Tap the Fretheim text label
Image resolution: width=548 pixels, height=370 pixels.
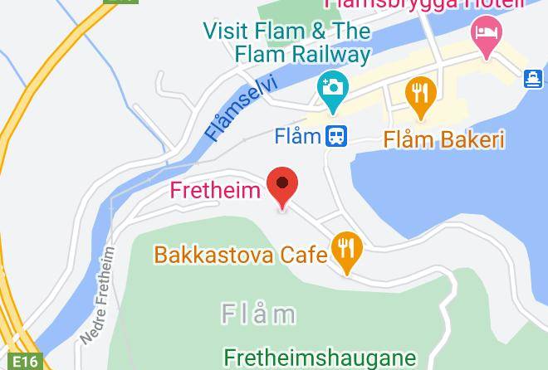[215, 190]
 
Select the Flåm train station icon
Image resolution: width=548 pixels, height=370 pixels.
[336, 134]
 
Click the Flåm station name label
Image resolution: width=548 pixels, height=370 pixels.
[298, 134]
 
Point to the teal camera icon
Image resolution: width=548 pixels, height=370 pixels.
[332, 89]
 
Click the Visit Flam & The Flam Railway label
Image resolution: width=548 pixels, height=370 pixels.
[286, 43]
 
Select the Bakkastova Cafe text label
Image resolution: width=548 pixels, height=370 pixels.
[241, 254]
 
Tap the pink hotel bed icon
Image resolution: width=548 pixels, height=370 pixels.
[486, 35]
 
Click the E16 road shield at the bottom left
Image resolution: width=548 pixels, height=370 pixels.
[25, 361]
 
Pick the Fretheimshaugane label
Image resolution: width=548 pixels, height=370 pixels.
[320, 358]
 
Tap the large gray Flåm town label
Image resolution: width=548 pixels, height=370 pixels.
[259, 314]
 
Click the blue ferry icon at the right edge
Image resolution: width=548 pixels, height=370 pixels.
[533, 79]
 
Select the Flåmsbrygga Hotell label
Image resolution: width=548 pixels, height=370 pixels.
[423, 4]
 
